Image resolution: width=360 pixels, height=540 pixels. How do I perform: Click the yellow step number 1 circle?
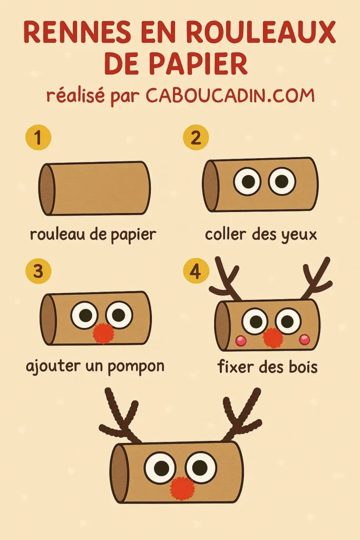(38, 138)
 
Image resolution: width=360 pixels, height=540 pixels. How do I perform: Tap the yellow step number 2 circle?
(196, 138)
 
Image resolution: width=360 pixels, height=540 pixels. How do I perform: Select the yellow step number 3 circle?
(38, 272)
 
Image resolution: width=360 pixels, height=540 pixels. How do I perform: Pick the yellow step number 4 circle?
(196, 272)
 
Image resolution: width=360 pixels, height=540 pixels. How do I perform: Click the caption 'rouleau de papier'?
(93, 234)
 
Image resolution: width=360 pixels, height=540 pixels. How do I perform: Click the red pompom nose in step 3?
(103, 333)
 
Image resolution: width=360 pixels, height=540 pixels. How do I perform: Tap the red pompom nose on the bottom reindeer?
(182, 488)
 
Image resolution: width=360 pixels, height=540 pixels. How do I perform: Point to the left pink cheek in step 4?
(241, 341)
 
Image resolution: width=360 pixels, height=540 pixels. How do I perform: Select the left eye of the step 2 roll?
(247, 181)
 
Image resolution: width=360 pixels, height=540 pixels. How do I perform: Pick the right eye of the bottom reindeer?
(200, 467)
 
